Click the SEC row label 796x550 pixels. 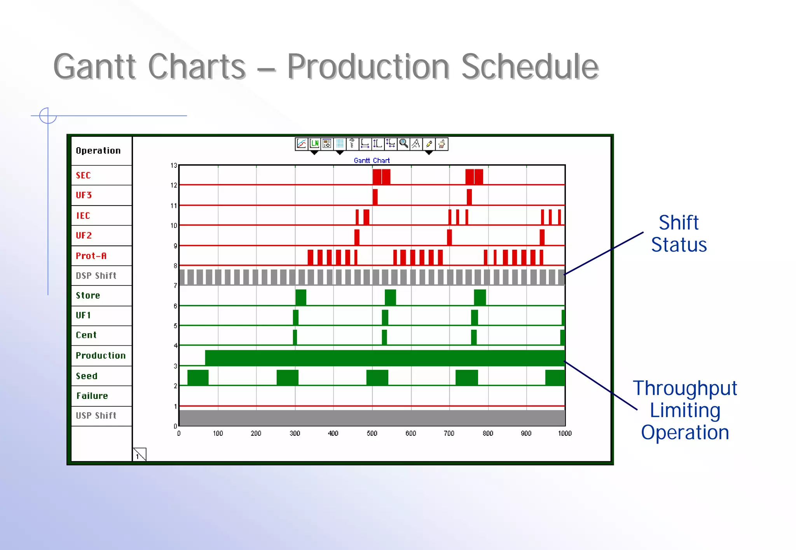[x=83, y=175]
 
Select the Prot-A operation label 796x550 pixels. [x=91, y=256]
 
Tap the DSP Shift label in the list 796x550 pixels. [x=96, y=276]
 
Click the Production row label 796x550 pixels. [x=101, y=355]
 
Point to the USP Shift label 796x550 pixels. [x=96, y=416]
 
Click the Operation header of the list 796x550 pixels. [x=98, y=151]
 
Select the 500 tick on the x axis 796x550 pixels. [x=372, y=433]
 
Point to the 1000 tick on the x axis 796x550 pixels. [x=564, y=433]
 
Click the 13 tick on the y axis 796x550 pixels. [x=174, y=165]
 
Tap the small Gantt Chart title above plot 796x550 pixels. [x=372, y=160]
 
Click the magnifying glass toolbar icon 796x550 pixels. [x=404, y=144]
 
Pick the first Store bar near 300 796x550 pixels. [x=300, y=297]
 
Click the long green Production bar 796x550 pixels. [x=385, y=358]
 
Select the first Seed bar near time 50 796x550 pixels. [x=198, y=378]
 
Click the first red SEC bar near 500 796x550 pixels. [x=377, y=177]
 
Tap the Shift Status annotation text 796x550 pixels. [x=679, y=233]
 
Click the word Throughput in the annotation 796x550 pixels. [x=685, y=388]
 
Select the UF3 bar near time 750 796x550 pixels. [x=469, y=197]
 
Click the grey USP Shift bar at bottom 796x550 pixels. [x=372, y=418]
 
